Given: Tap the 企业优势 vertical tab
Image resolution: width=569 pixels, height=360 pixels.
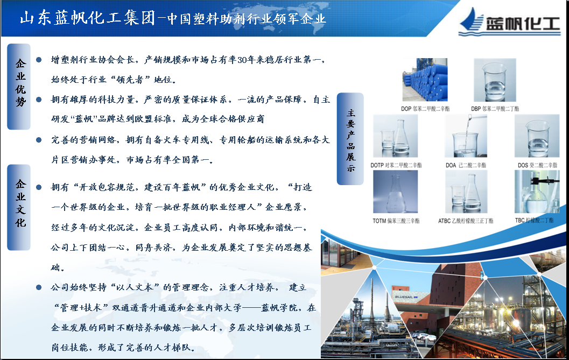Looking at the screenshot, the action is coord(19,87).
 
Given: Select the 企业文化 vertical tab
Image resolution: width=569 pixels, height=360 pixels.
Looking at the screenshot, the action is coord(19,207).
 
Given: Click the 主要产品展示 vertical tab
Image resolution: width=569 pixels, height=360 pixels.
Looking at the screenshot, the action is coord(350,139).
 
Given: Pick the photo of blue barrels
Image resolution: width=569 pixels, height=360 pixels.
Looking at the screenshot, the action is coord(425,80).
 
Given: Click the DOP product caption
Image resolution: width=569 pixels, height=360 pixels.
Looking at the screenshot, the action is coord(425,109).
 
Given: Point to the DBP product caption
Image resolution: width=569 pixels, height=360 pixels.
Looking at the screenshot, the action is coord(495,109).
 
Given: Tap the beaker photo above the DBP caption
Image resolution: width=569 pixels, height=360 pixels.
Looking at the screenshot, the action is coord(495,80).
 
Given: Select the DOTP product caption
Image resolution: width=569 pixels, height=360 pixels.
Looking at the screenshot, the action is coord(396,165).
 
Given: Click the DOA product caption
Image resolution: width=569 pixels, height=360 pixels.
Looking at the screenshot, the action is coord(466,165).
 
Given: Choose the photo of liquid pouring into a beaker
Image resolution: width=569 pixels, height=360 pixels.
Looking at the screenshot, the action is coord(466,136).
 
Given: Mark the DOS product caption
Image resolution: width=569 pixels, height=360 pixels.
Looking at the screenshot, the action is coord(537,165).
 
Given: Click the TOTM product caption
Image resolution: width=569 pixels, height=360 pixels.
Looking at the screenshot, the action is coord(396,221).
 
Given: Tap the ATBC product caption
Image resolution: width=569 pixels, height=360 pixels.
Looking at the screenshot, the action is coord(466,221).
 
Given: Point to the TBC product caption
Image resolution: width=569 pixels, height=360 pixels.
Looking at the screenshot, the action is coord(534,220).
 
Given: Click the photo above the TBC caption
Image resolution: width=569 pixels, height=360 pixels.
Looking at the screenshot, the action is coord(537,191).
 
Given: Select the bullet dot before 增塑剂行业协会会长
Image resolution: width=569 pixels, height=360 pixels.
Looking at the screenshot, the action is coord(39,60).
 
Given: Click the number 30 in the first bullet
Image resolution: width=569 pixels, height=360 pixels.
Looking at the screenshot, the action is coord(242,60).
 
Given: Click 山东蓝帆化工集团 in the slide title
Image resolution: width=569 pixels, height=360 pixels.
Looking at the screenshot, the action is coord(87,18).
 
